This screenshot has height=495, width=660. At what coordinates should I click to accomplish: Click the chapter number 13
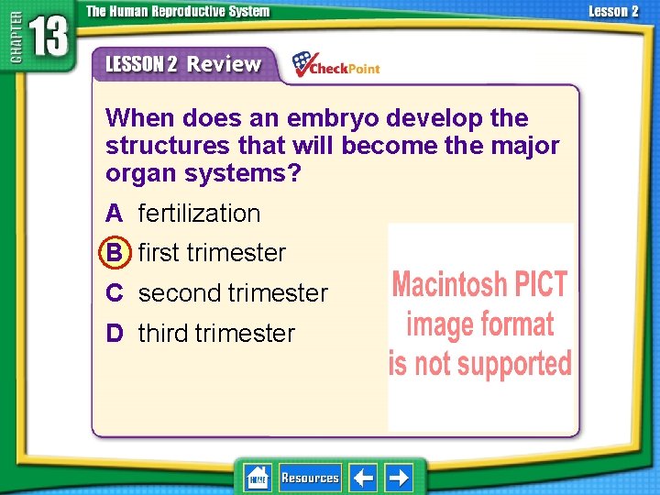[x=48, y=38]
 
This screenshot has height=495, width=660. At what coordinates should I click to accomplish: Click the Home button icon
[x=258, y=478]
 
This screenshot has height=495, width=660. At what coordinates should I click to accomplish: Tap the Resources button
[x=310, y=478]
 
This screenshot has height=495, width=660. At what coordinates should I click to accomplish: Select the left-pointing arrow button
[x=363, y=478]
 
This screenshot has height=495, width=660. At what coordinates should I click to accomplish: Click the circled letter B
[x=115, y=253]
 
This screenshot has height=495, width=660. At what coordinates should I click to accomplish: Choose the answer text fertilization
[x=199, y=214]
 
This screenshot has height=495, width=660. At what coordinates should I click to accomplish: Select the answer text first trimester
[x=212, y=253]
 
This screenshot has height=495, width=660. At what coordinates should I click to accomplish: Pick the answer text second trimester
[x=233, y=293]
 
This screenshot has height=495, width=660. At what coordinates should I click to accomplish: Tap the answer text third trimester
[x=216, y=334]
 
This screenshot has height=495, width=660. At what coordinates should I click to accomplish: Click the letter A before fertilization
[x=115, y=214]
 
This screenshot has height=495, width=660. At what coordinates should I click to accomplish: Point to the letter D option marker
[x=115, y=334]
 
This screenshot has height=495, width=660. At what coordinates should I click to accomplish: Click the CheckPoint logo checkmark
[x=302, y=64]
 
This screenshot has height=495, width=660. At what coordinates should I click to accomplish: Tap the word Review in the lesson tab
[x=225, y=64]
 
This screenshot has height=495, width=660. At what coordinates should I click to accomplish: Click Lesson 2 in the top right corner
[x=612, y=11]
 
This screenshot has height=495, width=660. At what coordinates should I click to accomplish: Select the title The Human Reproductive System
[x=178, y=11]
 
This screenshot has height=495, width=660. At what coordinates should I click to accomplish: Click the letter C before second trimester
[x=115, y=293]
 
